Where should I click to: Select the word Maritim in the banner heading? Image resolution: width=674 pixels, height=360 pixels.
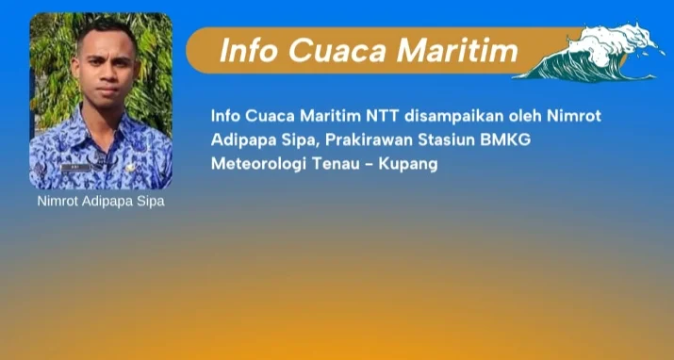(x=457, y=50)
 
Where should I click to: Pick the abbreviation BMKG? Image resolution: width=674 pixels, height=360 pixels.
(x=505, y=140)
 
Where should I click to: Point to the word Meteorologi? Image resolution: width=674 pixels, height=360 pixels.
(x=258, y=165)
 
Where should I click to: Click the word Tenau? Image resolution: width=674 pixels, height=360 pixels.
(x=336, y=164)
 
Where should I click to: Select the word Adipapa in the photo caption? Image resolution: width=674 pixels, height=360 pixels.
(x=107, y=202)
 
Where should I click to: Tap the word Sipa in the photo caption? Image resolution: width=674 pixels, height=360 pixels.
(x=151, y=202)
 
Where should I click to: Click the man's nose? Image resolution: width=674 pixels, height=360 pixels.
(x=107, y=77)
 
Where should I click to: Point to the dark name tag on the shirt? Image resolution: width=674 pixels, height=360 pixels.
(x=75, y=167)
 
